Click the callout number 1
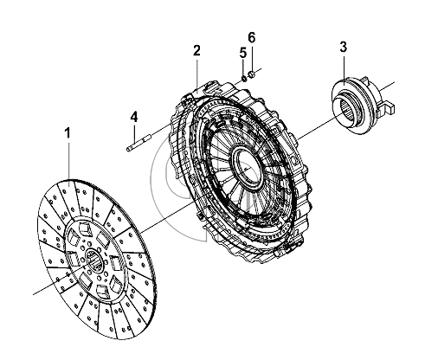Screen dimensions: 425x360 [x=68, y=134]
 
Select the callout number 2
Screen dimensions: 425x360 [x=196, y=51]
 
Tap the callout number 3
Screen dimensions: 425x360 [x=343, y=47]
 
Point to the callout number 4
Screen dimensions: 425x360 [x=134, y=117]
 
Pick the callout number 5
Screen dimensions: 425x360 [x=243, y=53]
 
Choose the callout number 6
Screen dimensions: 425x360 [x=252, y=38]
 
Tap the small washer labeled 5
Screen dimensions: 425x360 [x=244, y=78]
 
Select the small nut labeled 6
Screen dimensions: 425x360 [x=251, y=74]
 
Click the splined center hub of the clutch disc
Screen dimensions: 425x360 [x=95, y=259]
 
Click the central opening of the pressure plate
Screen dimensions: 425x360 [x=248, y=166]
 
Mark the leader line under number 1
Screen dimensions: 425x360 [x=69, y=161]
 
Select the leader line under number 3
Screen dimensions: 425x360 [x=344, y=68]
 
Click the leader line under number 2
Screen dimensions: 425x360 [x=196, y=73]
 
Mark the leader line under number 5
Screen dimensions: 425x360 [x=243, y=67]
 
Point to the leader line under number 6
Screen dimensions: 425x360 [x=252, y=58]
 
